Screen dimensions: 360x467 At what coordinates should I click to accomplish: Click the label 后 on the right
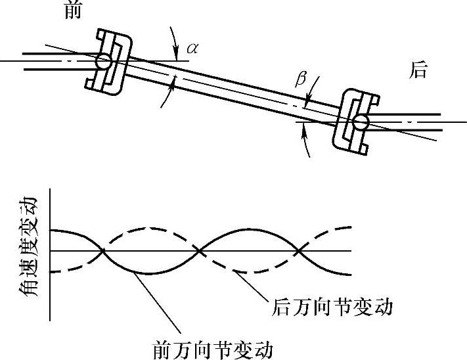pyautogui.click(x=418, y=71)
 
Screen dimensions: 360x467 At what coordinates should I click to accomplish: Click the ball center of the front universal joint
pyautogui.click(x=103, y=62)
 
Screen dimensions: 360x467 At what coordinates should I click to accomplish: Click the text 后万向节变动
pyautogui.click(x=332, y=307)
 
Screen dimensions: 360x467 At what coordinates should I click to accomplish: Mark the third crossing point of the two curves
pyautogui.click(x=300, y=251)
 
